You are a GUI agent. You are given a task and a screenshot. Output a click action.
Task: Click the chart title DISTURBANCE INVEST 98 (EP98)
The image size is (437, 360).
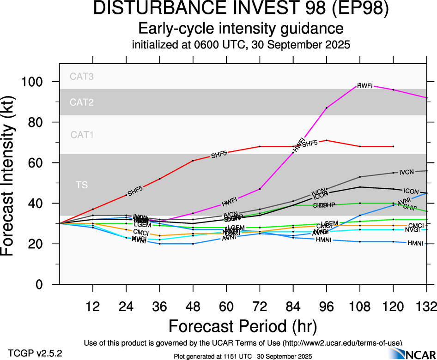241,9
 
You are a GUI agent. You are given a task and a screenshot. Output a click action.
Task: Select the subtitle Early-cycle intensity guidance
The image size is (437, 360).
241,29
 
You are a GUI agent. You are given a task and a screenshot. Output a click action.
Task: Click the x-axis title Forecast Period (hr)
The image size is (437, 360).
243,326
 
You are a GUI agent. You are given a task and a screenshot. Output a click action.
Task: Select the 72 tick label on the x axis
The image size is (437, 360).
260,305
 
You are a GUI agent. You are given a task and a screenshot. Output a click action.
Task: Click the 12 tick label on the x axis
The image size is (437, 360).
93,305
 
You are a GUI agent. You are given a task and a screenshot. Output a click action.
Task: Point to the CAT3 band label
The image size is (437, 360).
82,77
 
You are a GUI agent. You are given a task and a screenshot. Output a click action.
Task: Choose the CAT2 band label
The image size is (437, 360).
82,102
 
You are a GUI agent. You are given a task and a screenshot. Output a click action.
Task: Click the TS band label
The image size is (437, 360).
82,186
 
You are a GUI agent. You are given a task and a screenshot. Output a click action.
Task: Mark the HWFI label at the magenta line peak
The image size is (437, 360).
365,86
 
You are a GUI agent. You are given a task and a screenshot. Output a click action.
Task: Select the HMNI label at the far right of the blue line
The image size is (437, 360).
415,243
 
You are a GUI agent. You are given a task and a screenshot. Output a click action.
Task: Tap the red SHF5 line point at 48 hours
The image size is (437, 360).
193,161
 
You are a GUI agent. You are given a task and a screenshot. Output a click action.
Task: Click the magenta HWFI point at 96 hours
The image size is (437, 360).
327,108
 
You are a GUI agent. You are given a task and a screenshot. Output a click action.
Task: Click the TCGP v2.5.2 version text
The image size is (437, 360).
35,353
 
